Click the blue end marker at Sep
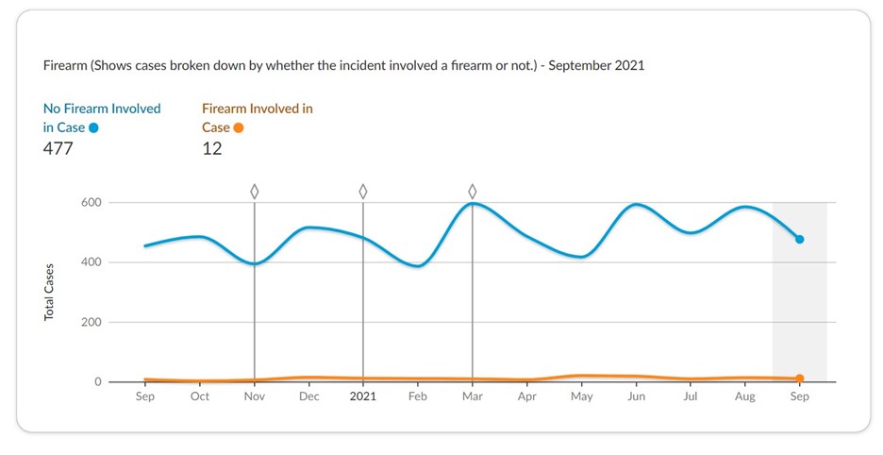click(799, 240)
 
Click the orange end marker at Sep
click(799, 379)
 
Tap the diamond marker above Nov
click(254, 192)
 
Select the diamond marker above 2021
click(363, 192)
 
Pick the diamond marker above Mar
click(473, 192)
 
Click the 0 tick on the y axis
click(97, 382)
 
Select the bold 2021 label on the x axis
click(363, 397)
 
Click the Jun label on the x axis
click(637, 397)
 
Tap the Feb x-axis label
click(418, 397)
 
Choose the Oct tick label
click(199, 397)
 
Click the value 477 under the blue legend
click(58, 148)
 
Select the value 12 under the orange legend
click(212, 148)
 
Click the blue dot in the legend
click(93, 128)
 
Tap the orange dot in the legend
click(239, 128)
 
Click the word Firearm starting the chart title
click(65, 67)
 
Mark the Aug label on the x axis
click(745, 397)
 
